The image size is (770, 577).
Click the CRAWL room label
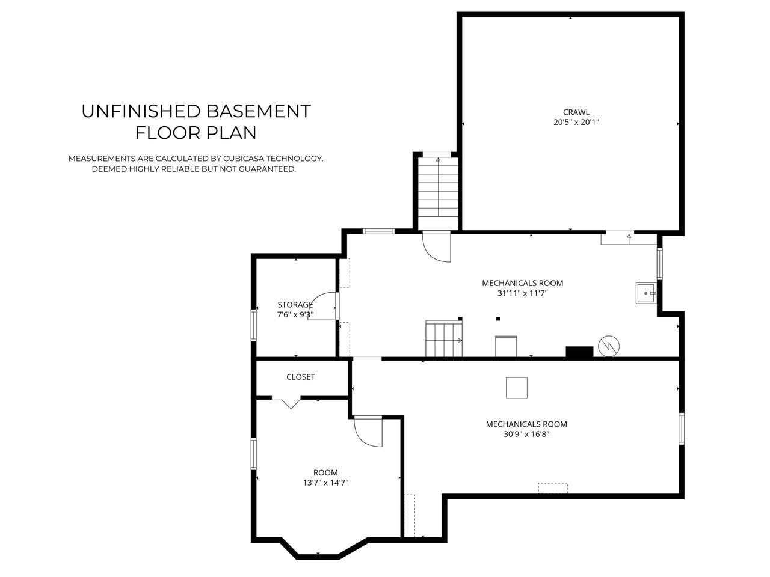coord(576,112)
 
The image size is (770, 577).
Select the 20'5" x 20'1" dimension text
coord(576,122)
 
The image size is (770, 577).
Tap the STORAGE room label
coord(295,305)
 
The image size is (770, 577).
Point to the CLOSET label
coord(301,377)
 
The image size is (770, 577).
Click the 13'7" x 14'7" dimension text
coord(325,483)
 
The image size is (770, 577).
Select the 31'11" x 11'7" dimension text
coord(522,293)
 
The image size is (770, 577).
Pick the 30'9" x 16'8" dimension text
coord(526,434)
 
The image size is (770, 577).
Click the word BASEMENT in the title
coord(258,111)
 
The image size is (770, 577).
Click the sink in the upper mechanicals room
coord(646,293)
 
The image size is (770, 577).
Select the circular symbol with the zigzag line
coord(609,346)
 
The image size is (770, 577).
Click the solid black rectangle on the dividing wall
coord(579,352)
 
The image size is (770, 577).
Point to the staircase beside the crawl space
coord(438,192)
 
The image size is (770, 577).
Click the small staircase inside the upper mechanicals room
coord(444,339)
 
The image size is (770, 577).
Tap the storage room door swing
coord(322,306)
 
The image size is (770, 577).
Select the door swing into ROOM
coord(368,432)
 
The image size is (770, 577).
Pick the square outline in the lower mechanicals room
coord(516,388)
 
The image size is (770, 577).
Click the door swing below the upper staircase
coord(436,247)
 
